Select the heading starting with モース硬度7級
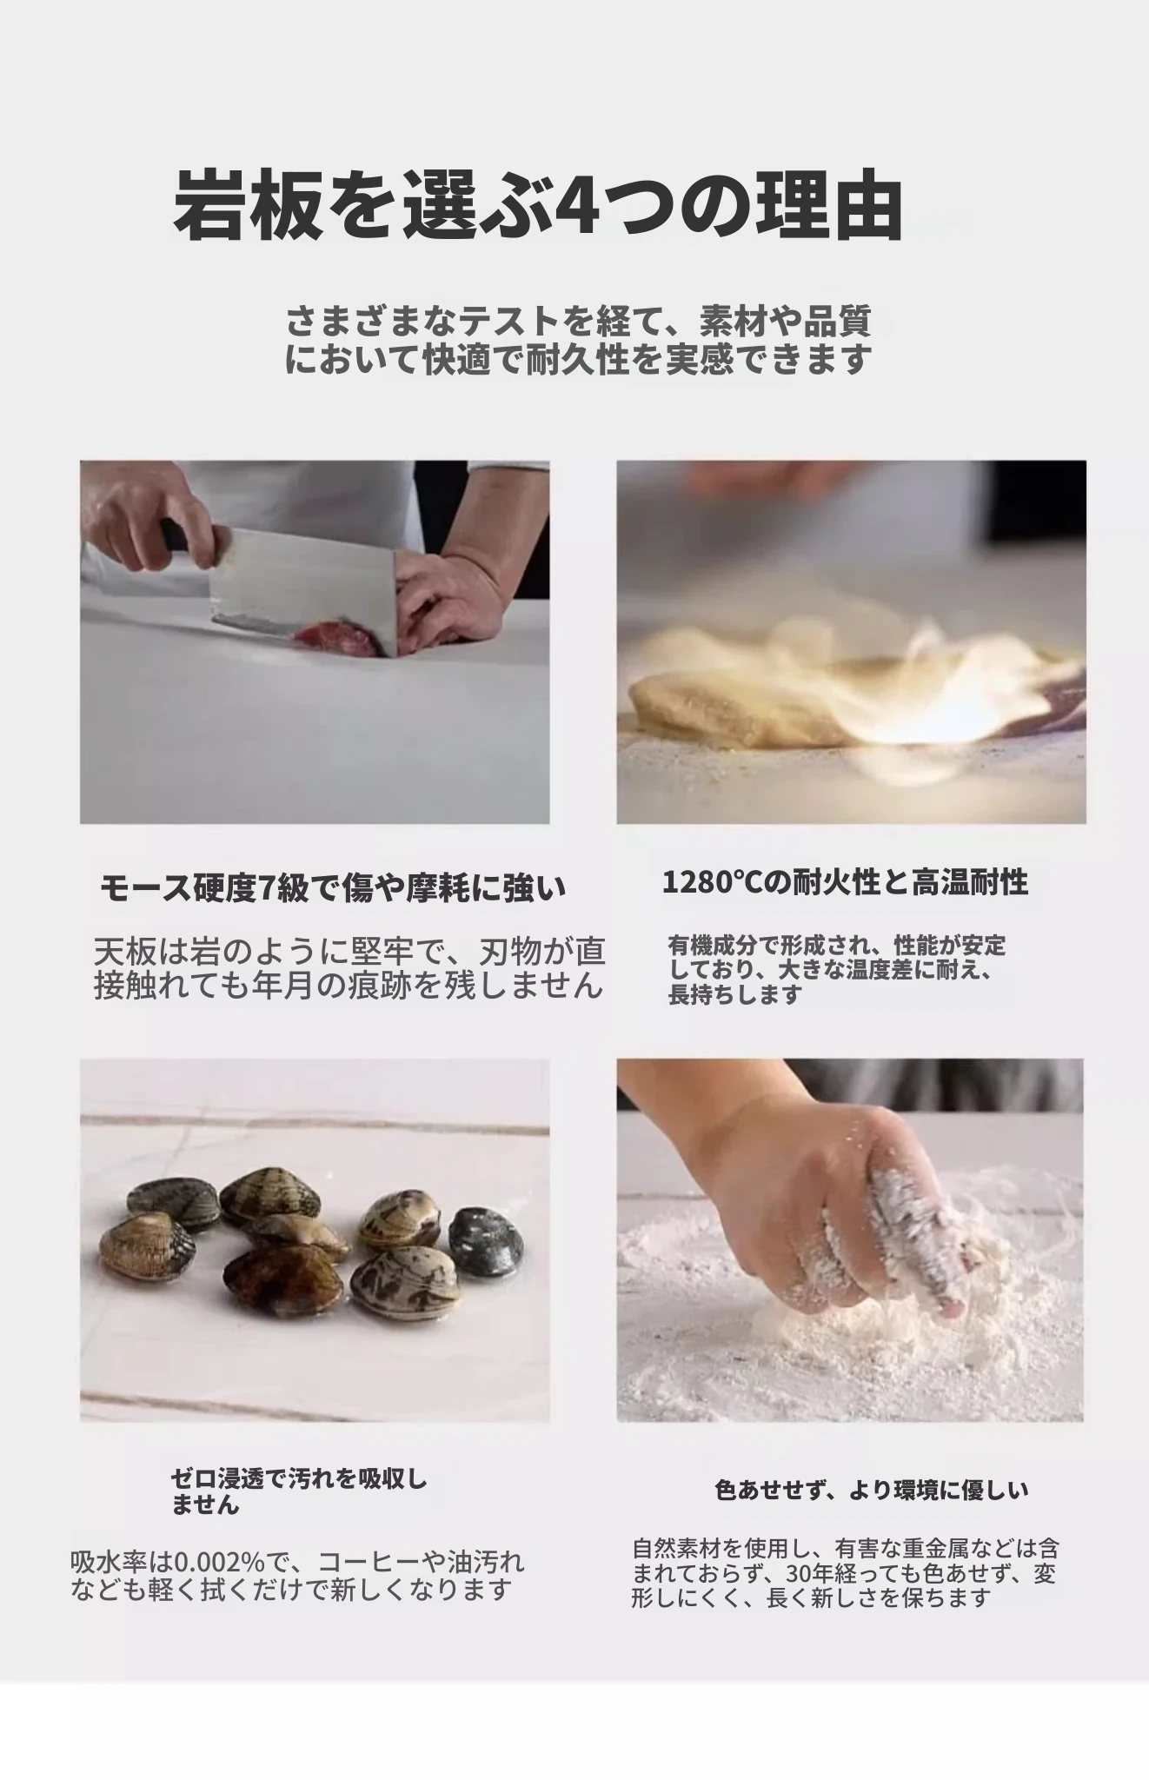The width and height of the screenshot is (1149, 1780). (x=333, y=888)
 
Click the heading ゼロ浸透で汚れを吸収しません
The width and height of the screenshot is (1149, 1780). (x=299, y=1491)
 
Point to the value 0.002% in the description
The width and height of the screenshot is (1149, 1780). (x=221, y=1562)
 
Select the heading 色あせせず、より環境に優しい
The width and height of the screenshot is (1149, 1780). (x=872, y=1490)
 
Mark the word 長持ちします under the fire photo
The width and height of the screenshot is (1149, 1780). (x=734, y=994)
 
